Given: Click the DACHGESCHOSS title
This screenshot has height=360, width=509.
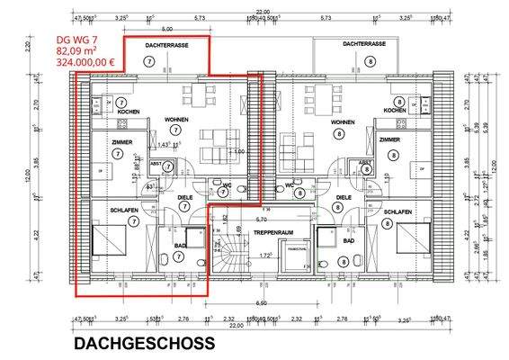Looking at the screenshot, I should pyautogui.click(x=144, y=343).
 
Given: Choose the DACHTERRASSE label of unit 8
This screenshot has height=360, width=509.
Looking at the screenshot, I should pyautogui.click(x=364, y=43).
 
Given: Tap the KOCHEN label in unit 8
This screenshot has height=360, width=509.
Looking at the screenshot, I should pyautogui.click(x=395, y=111).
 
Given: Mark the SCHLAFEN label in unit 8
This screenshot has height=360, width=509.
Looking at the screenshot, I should pyautogui.click(x=397, y=211).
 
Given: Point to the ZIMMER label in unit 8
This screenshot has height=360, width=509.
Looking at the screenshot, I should pyautogui.click(x=389, y=140).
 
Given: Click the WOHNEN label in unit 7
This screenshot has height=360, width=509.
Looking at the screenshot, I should pyautogui.click(x=176, y=120).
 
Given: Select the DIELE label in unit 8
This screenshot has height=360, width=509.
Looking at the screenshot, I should pyautogui.click(x=343, y=197).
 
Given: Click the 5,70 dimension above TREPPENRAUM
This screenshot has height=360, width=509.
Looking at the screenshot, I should pyautogui.click(x=261, y=219).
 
